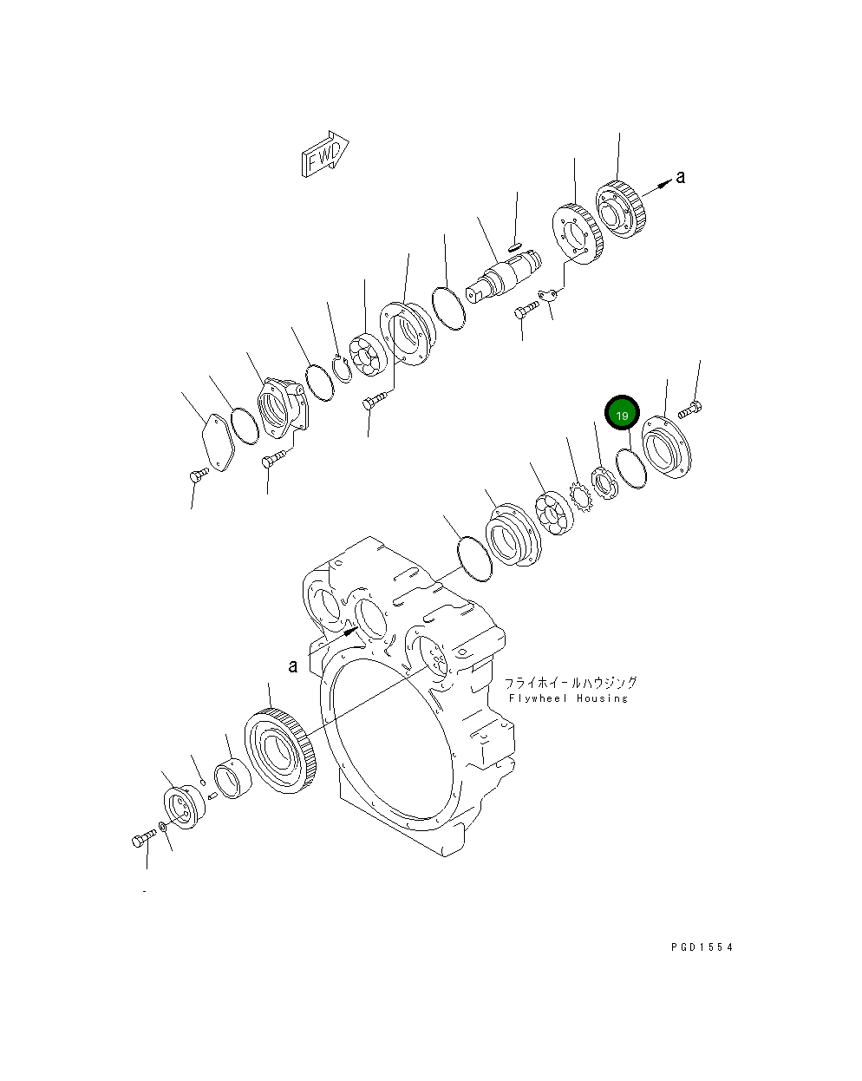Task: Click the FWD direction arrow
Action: [323, 156]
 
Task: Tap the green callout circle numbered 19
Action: [622, 416]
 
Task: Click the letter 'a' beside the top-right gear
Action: [681, 177]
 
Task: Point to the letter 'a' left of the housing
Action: [293, 665]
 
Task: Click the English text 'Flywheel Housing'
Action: [568, 698]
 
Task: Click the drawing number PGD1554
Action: [702, 947]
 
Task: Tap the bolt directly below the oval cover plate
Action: [198, 474]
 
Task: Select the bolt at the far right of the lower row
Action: [690, 409]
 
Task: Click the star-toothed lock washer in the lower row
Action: [580, 498]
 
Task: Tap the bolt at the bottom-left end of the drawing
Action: [142, 839]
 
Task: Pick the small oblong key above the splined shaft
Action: [515, 246]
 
